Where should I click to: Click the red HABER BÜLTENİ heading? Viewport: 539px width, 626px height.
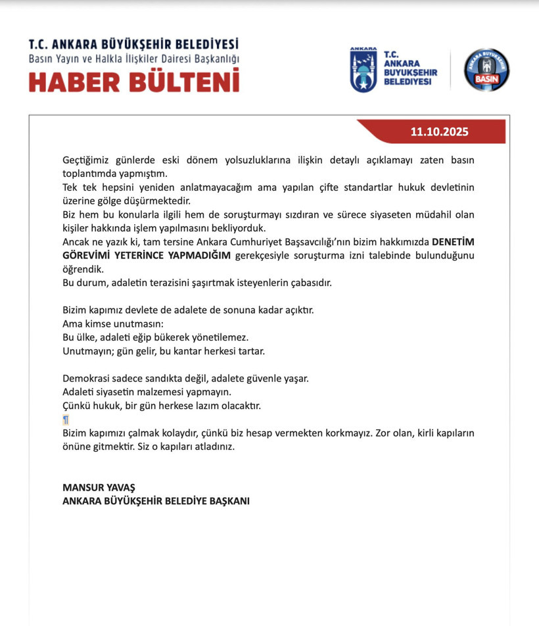click(133, 81)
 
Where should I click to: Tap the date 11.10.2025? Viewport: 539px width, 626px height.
click(439, 132)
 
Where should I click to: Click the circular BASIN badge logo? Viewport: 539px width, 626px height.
click(486, 70)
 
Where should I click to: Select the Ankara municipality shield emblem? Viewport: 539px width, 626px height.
click(363, 70)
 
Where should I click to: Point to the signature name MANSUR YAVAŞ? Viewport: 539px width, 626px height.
click(98, 487)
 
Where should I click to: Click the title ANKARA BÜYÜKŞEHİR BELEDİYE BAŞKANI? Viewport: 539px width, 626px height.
click(156, 500)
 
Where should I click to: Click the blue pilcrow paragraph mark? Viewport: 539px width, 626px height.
click(66, 420)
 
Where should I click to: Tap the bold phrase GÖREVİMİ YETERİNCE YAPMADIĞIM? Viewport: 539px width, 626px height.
click(147, 256)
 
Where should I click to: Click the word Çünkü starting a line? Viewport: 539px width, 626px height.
click(76, 406)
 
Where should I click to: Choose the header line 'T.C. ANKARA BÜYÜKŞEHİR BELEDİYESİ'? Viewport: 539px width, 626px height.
click(133, 45)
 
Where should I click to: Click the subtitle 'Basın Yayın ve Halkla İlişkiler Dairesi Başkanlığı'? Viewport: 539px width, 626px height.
click(133, 59)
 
